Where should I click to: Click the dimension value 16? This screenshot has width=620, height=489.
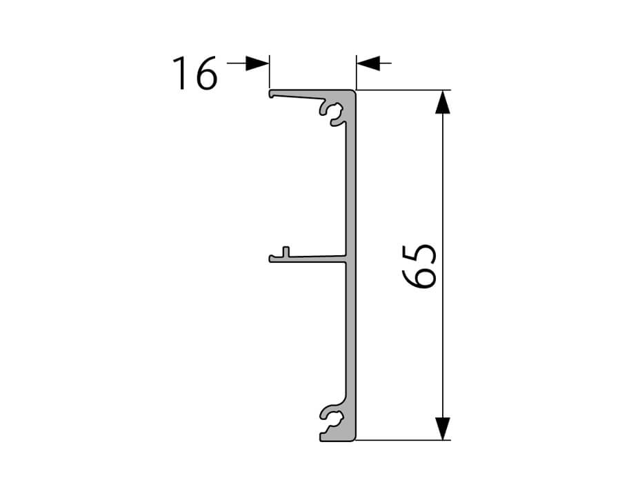click(x=195, y=73)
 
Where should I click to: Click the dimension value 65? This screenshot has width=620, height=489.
click(x=419, y=266)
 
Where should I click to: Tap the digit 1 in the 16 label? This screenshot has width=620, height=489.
click(x=181, y=73)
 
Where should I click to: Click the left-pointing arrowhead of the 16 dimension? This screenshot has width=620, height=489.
click(x=368, y=63)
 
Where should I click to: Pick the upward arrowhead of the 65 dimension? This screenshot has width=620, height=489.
click(x=443, y=102)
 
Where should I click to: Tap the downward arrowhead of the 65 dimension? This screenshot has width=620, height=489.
click(x=443, y=428)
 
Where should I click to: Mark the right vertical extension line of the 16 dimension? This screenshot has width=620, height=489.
click(x=357, y=72)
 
